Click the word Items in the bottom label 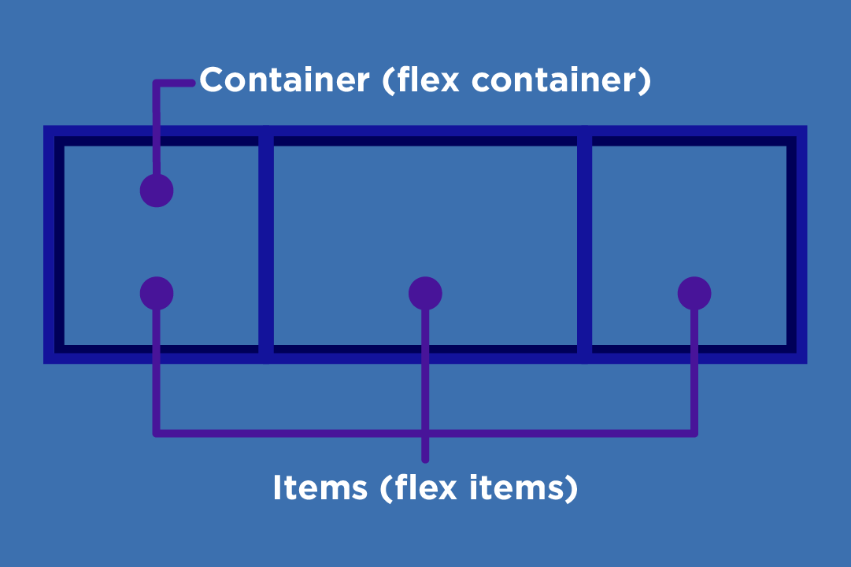tap(320, 488)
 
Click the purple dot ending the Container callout tap(157, 191)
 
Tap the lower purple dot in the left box tap(157, 293)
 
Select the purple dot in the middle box tap(425, 293)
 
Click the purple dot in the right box tap(694, 293)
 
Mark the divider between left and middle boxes tap(266, 244)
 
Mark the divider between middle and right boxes tap(584, 244)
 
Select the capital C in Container tap(213, 80)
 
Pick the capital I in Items tap(277, 488)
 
